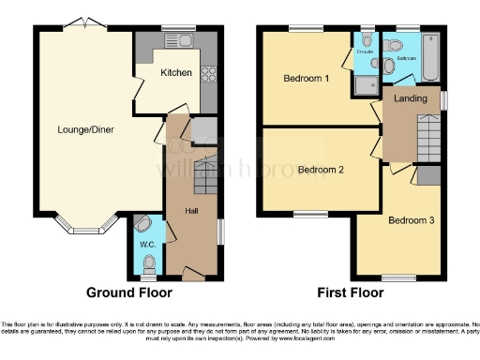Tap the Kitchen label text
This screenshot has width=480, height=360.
[x=175, y=73]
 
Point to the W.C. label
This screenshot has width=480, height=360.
[x=147, y=246]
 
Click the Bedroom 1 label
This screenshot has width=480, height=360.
[x=306, y=79]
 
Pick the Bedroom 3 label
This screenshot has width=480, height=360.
[x=411, y=221]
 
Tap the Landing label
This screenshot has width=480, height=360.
[x=410, y=97]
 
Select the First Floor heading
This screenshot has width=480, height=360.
[x=352, y=292]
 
